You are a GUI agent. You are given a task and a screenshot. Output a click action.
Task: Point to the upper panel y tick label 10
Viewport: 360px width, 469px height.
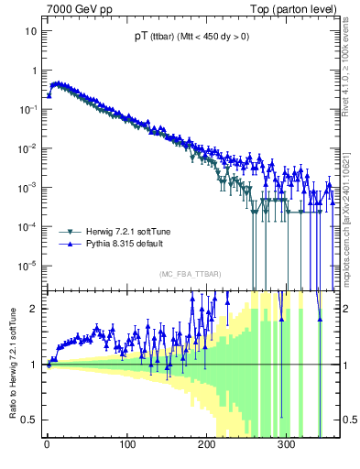click(x=30, y=30)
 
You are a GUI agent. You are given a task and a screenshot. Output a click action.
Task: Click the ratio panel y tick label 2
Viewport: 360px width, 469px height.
click(x=34, y=309)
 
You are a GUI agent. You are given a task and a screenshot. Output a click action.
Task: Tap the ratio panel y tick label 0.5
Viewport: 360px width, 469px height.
click(x=29, y=420)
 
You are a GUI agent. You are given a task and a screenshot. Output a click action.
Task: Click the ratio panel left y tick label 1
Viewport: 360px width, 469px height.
click(x=34, y=365)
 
